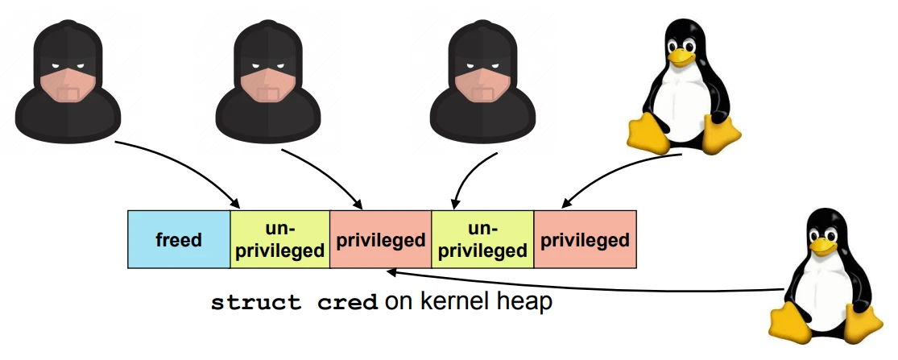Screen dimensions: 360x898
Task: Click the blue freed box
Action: point(179,239)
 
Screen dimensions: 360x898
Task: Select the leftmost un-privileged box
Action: point(280,239)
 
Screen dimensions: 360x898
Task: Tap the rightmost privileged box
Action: point(585,239)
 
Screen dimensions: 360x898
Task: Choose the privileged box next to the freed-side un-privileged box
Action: point(380,239)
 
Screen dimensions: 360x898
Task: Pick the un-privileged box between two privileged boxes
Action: point(483,239)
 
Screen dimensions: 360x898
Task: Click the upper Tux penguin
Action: point(683,85)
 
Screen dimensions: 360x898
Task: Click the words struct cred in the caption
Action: point(294,304)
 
